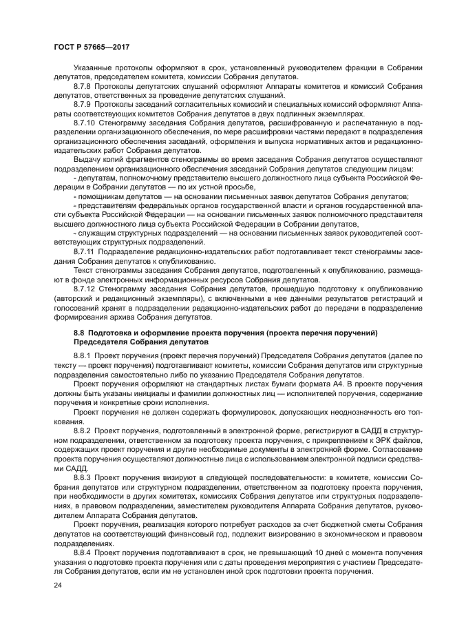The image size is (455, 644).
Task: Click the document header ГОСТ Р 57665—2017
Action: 91,46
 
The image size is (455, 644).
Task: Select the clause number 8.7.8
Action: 85,86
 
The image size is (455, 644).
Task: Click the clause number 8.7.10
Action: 87,122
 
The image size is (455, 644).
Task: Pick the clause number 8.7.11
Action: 87,252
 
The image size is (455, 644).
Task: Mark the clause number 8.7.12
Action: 87,289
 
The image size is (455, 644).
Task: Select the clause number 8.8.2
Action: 85,429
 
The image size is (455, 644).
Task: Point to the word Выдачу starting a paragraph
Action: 88,158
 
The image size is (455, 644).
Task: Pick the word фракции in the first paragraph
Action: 353,68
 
